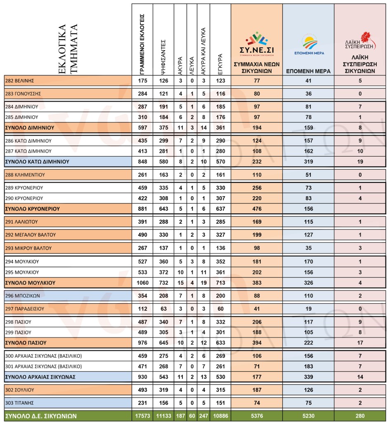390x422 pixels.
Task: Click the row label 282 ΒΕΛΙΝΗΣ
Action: (x=19, y=80)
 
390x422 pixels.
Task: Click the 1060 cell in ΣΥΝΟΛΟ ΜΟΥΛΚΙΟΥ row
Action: (x=142, y=283)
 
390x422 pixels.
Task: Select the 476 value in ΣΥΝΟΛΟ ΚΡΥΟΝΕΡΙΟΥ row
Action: (x=257, y=209)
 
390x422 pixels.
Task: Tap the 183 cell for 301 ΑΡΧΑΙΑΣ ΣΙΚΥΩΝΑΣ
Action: (x=308, y=366)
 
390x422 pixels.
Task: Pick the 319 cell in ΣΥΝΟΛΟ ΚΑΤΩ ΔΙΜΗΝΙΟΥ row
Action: (x=308, y=162)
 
